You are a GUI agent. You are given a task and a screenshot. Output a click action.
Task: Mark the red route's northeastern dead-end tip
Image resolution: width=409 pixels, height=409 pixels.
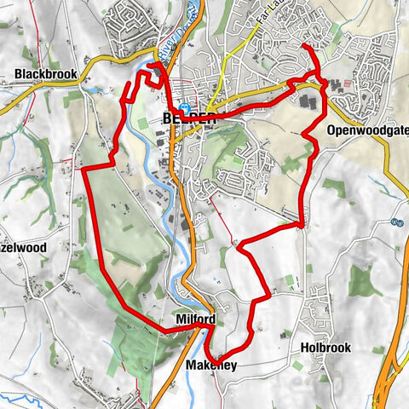pos(305,45)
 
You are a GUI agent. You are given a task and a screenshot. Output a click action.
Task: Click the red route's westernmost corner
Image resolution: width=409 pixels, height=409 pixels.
pos(84,172)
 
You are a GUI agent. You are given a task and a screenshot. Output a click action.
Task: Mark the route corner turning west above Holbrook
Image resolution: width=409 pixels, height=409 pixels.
pos(302,226)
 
